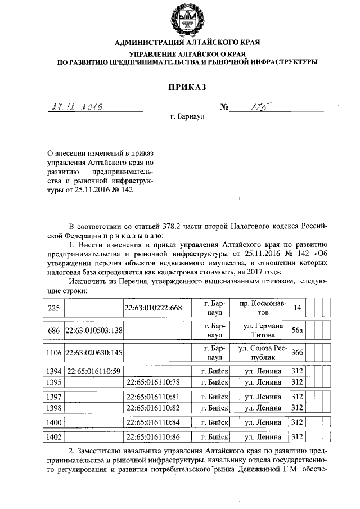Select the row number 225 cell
coord(54,307)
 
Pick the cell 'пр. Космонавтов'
coord(263,307)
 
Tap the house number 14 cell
coord(297,307)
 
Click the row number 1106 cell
coord(54,353)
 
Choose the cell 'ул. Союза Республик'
coord(263,353)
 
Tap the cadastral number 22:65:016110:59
coord(93,371)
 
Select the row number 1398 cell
coord(54,407)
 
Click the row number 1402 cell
coord(54,436)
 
